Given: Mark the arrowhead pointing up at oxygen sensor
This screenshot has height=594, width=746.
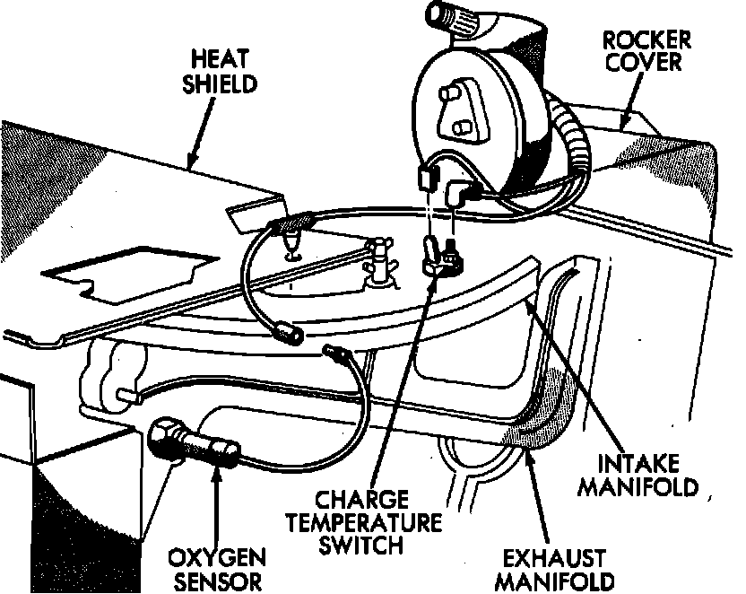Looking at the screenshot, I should point(216,468).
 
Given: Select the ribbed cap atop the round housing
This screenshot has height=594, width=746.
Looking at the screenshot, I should point(456,19).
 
